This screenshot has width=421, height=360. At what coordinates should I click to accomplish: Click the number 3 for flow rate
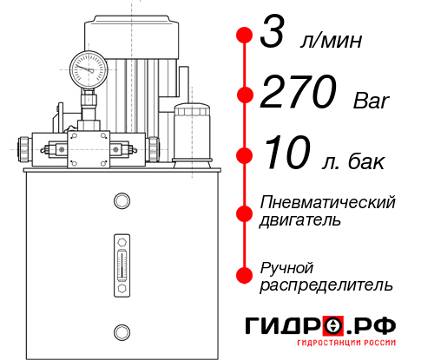pyautogui.click(x=274, y=36)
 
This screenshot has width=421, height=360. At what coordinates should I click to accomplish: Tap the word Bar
pyautogui.click(x=372, y=101)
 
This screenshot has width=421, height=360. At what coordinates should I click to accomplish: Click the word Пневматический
pyautogui.click(x=328, y=202)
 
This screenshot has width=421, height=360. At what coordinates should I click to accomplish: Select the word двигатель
pyautogui.click(x=300, y=220)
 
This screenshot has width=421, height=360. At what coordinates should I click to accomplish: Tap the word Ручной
pyautogui.click(x=286, y=266)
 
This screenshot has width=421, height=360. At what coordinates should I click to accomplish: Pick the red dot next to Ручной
pyautogui.click(x=245, y=274)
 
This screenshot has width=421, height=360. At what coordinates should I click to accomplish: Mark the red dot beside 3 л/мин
pyautogui.click(x=245, y=36)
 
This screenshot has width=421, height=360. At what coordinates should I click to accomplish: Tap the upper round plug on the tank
pyautogui.click(x=121, y=202)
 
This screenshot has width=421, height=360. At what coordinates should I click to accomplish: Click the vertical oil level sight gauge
pyautogui.click(x=121, y=261)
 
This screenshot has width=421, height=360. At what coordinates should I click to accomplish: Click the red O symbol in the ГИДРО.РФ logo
pyautogui.click(x=333, y=325)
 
